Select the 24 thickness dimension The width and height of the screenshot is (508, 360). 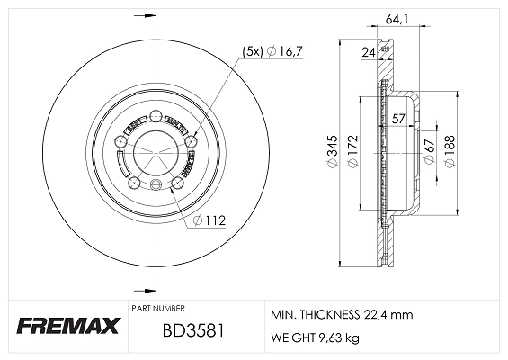[368, 53]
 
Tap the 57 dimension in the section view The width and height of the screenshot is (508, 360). [398, 116]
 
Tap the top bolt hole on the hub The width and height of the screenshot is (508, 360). [155, 116]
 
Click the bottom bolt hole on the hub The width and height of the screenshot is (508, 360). [155, 186]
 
